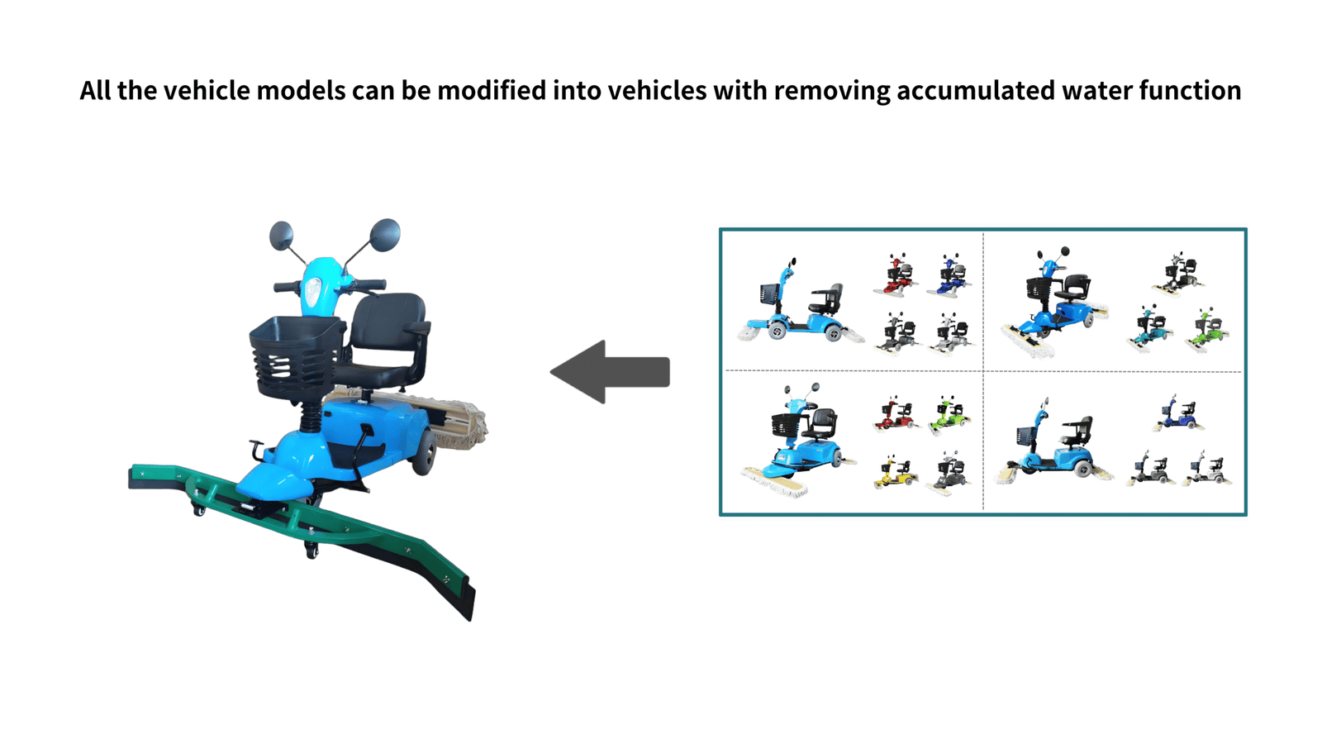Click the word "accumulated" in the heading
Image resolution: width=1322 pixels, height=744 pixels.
pos(975,90)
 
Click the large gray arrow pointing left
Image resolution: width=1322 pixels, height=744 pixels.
pos(611,372)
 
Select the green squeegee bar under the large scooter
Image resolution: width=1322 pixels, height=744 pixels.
pos(297,521)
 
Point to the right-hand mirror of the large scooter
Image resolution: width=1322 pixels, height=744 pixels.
pos(385,235)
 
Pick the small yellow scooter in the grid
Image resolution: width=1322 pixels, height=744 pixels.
pos(895,473)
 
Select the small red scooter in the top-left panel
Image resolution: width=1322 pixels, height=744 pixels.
pos(896,275)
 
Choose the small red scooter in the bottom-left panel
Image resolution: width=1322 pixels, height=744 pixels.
pos(895,414)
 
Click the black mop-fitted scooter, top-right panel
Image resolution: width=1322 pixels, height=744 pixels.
pos(1178,274)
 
